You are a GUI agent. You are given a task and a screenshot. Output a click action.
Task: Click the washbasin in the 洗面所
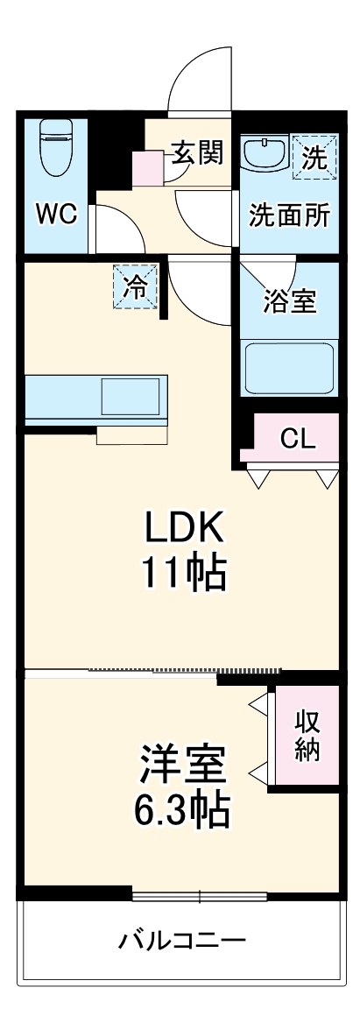(x=265, y=153)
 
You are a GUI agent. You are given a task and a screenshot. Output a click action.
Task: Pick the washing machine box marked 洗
(x=314, y=157)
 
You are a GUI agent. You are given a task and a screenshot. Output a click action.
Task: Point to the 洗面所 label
(x=289, y=215)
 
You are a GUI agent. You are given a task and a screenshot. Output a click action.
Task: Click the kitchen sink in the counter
(x=130, y=396)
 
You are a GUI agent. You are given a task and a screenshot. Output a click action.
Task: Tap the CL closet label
(x=298, y=439)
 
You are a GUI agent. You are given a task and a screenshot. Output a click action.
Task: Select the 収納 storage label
(x=307, y=735)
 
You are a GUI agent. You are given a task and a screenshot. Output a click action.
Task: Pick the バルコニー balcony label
(x=182, y=942)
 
